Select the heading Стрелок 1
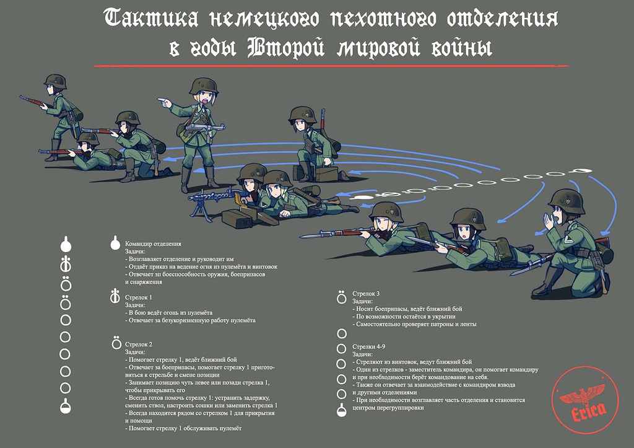[x=139, y=297]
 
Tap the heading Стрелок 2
[x=139, y=344]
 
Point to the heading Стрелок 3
[x=366, y=293]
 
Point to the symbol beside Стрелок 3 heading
[x=341, y=296]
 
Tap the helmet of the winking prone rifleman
[x=386, y=211]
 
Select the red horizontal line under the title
[x=317, y=65]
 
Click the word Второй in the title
[x=285, y=48]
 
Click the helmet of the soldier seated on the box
[x=303, y=114]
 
